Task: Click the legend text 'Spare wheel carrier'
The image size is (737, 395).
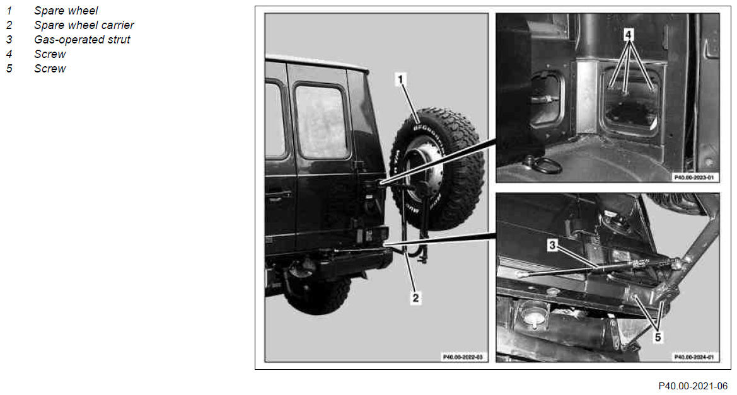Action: coord(84,25)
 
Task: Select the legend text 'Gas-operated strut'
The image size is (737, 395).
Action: coord(82,40)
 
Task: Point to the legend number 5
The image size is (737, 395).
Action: coord(9,69)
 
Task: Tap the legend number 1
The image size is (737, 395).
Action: coord(9,10)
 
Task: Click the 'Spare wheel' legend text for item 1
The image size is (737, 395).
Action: coord(66,10)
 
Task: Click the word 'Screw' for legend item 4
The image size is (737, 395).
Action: coord(50,54)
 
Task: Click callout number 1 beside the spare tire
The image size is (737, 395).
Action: coord(400,80)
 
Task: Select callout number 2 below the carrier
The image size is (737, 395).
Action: coord(415,298)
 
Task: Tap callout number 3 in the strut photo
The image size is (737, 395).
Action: coord(553,245)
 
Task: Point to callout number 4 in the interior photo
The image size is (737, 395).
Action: coord(629,34)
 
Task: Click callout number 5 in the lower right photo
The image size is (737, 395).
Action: coord(658,337)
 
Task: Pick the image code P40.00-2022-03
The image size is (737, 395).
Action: coord(463,357)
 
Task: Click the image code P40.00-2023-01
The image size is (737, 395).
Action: coord(693,178)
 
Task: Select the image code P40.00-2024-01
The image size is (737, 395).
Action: coord(693,357)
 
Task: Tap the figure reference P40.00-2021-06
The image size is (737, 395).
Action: coord(693,386)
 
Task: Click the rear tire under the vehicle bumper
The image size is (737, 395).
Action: coord(318,294)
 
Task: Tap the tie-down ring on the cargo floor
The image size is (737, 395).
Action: coord(545,165)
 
